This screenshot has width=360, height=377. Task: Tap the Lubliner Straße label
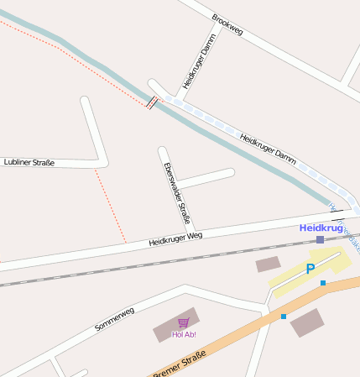pyautogui.click(x=29, y=162)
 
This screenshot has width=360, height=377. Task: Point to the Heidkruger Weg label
pyautogui.click(x=176, y=238)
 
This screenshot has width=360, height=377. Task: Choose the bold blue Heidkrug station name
pyautogui.click(x=321, y=228)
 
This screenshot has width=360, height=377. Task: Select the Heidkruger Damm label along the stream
pyautogui.click(x=268, y=149)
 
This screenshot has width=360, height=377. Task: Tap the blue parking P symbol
pyautogui.click(x=310, y=269)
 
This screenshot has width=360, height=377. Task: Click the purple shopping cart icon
pyautogui.click(x=183, y=323)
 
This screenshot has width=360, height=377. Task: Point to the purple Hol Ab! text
pyautogui.click(x=183, y=334)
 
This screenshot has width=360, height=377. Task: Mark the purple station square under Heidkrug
pyautogui.click(x=320, y=239)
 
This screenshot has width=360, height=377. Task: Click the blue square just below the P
pyautogui.click(x=323, y=283)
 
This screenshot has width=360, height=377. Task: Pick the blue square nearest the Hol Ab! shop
pyautogui.click(x=284, y=317)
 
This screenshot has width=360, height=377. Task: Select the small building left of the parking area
pyautogui.click(x=268, y=264)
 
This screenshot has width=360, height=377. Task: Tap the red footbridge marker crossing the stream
pyautogui.click(x=151, y=104)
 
